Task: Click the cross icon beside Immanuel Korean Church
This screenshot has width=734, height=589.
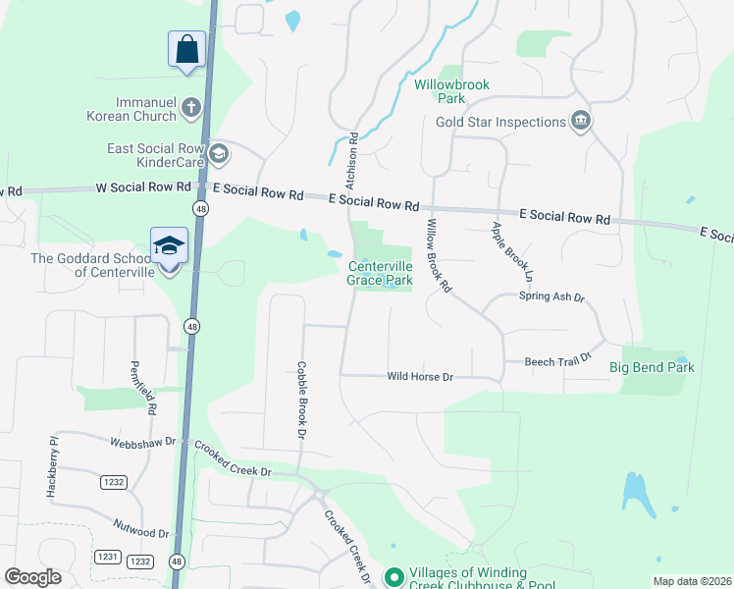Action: point(191,107)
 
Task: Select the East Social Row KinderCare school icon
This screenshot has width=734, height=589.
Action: point(218,152)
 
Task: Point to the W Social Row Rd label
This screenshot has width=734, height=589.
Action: point(144,187)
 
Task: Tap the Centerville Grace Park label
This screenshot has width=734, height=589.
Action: point(380,273)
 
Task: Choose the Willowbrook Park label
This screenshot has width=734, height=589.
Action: point(451,91)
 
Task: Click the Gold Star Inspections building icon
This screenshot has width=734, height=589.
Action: point(580,122)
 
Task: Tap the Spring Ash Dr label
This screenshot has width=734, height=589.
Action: point(551,296)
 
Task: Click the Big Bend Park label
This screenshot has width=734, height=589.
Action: point(652,367)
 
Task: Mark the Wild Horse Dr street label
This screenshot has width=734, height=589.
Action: point(420,376)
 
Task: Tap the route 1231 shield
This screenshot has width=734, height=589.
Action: point(107,557)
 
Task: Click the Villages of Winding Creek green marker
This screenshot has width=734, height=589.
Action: point(393,576)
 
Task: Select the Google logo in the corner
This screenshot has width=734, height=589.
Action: point(33,577)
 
